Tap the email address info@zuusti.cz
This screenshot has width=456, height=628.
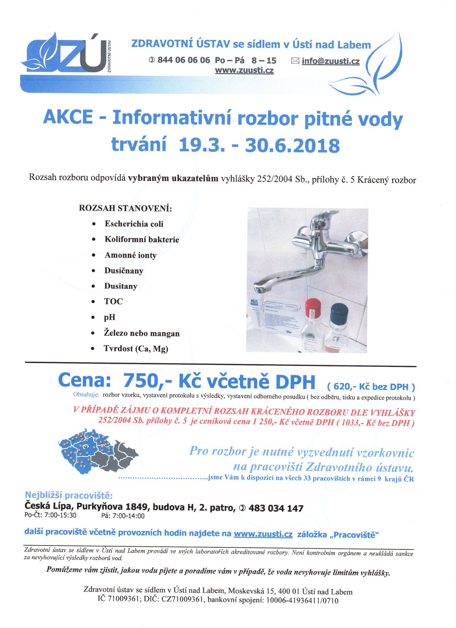(x=330, y=61)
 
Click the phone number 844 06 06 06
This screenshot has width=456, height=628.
(x=184, y=60)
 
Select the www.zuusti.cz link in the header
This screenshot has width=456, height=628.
(x=244, y=71)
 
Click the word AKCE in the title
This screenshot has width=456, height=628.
(x=68, y=117)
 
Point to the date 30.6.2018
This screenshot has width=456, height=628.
(x=292, y=145)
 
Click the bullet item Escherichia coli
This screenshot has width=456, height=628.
(x=134, y=224)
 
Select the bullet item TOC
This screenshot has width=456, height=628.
(x=113, y=302)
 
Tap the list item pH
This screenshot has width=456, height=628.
(x=109, y=317)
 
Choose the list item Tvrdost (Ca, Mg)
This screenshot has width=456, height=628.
(x=136, y=349)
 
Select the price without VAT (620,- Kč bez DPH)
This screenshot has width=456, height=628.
(x=371, y=387)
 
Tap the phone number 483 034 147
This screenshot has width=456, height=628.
(x=276, y=509)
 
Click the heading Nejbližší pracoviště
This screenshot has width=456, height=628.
(x=69, y=495)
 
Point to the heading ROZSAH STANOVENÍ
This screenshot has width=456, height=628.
(x=126, y=208)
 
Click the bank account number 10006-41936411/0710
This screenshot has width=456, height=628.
(x=302, y=601)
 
